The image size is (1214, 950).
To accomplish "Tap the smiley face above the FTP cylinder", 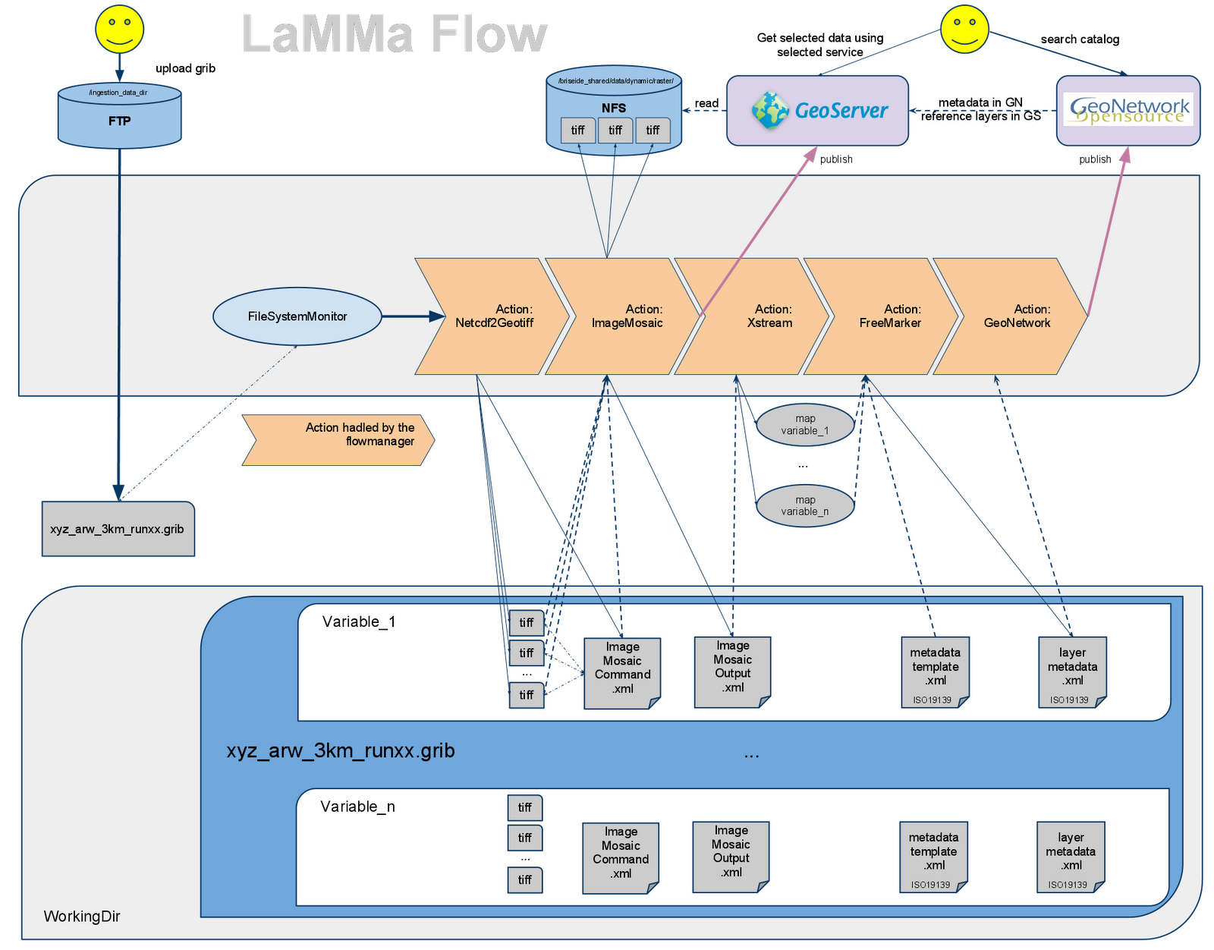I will (x=120, y=29).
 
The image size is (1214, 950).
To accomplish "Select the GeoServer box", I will (x=817, y=110).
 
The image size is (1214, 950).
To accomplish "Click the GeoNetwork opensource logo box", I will (x=1128, y=110).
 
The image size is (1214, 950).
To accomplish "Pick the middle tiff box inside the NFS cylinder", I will (x=615, y=131).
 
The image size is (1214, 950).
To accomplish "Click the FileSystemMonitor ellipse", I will (x=297, y=316).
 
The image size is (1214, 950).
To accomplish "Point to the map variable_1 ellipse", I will (x=805, y=425).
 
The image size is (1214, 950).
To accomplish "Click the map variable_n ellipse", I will (x=805, y=505).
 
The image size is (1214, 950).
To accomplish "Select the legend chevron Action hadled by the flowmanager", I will (x=338, y=439).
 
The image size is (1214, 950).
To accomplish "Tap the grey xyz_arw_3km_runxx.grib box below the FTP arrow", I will (x=118, y=529).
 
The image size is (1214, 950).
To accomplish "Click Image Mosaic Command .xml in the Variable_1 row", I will (x=622, y=672).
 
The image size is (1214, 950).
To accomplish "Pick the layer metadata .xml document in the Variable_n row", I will (x=1071, y=856).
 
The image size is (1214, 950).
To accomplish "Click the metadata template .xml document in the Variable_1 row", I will (x=935, y=671).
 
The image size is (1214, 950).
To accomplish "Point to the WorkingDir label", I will (x=82, y=916).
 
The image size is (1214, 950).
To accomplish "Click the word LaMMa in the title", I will (x=328, y=35).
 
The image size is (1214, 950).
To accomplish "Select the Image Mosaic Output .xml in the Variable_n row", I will (x=731, y=855).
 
